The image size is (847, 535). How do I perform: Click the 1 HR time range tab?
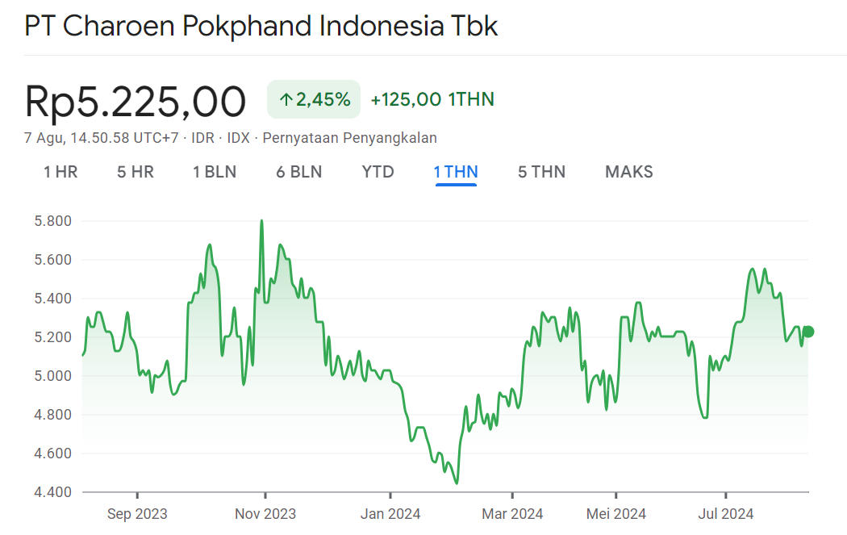pyautogui.click(x=60, y=172)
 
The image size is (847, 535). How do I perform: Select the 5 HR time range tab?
pyautogui.click(x=136, y=172)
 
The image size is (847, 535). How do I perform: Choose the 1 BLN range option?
pyautogui.click(x=215, y=172)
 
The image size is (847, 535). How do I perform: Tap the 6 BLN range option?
pyautogui.click(x=298, y=172)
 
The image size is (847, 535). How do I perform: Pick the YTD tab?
pyautogui.click(x=378, y=172)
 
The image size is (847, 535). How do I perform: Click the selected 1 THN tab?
pyautogui.click(x=456, y=172)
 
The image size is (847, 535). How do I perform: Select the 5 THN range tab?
pyautogui.click(x=541, y=172)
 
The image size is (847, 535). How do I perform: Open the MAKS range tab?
pyautogui.click(x=629, y=172)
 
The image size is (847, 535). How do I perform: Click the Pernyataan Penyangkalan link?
pyautogui.click(x=349, y=138)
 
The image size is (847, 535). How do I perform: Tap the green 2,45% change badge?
pyautogui.click(x=314, y=100)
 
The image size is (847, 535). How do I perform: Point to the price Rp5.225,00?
pyautogui.click(x=135, y=102)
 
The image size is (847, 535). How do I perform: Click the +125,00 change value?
pyautogui.click(x=406, y=100)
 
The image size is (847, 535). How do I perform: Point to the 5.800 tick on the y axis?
pyautogui.click(x=52, y=221)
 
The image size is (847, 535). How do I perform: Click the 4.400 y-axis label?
pyautogui.click(x=52, y=492)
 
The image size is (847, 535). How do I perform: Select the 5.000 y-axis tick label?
pyautogui.click(x=52, y=376)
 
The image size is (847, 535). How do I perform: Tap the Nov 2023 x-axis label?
pyautogui.click(x=265, y=514)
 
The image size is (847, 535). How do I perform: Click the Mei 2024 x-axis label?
pyautogui.click(x=615, y=514)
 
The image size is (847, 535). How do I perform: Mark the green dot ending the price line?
pyautogui.click(x=808, y=332)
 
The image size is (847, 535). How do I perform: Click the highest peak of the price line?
pyautogui.click(x=261, y=220)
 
